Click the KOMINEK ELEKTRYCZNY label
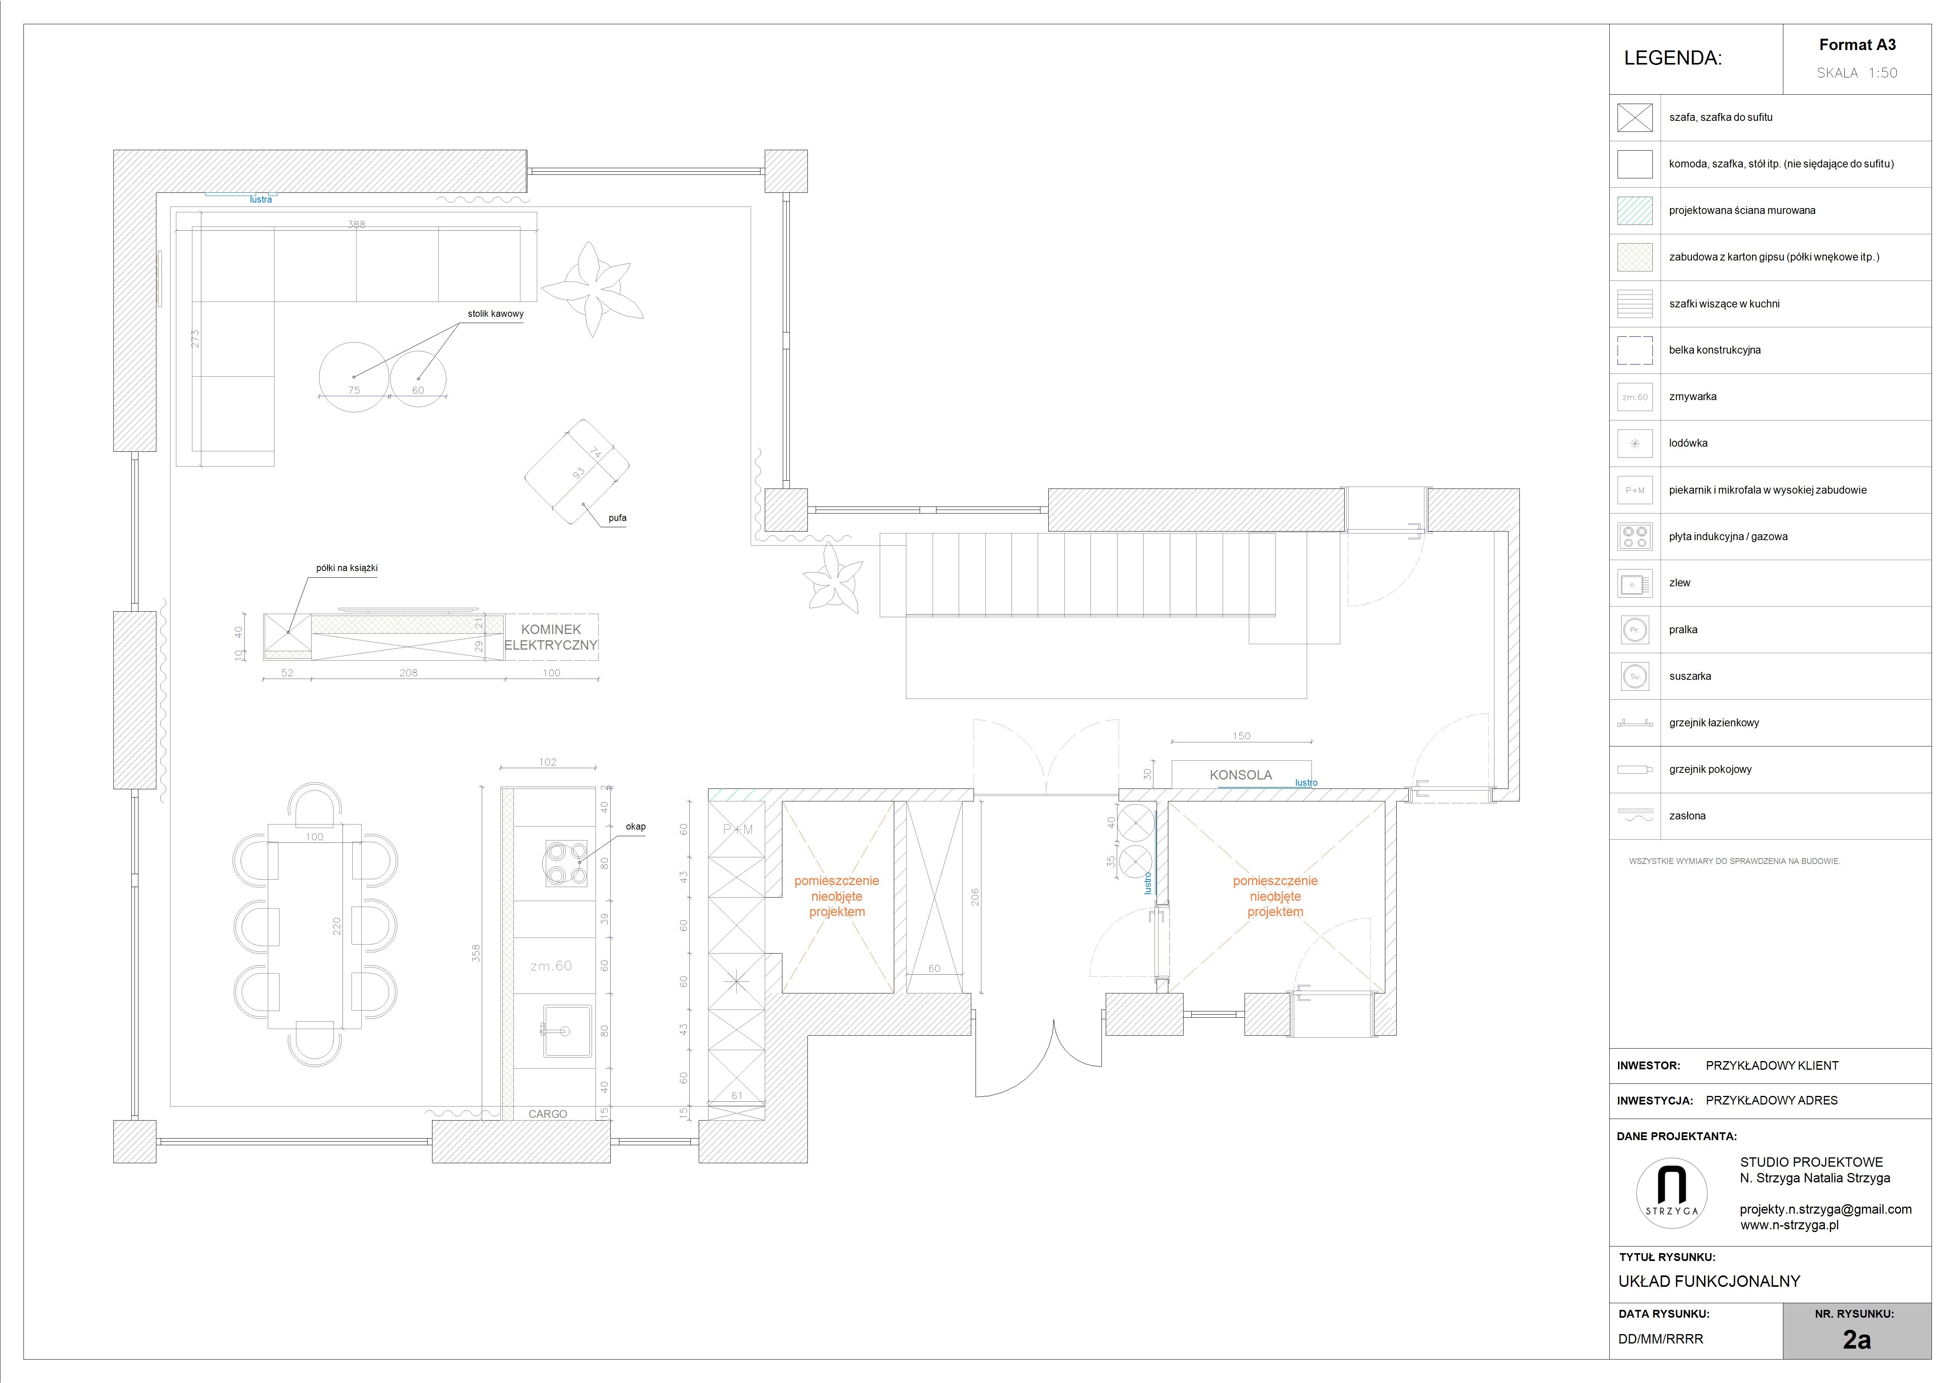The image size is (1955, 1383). pyautogui.click(x=551, y=637)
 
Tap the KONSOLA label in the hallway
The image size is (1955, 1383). pyautogui.click(x=1241, y=775)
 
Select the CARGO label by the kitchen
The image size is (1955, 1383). pyautogui.click(x=547, y=1114)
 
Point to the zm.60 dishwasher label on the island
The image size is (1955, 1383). pyautogui.click(x=551, y=966)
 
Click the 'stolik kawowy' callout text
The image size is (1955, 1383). pyautogui.click(x=495, y=313)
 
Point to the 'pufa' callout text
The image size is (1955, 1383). pyautogui.click(x=617, y=518)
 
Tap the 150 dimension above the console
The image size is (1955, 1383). pyautogui.click(x=1241, y=736)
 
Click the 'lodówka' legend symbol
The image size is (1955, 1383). pyautogui.click(x=1635, y=444)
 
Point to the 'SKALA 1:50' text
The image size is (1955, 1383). pyautogui.click(x=1857, y=73)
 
